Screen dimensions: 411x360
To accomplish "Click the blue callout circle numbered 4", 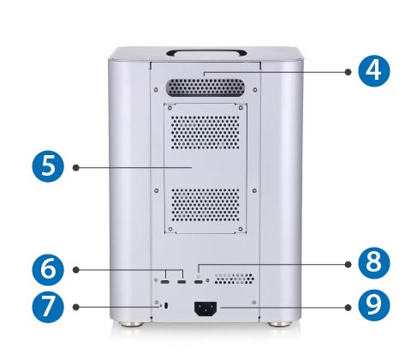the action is [x=374, y=70].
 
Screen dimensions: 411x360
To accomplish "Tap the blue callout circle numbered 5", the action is [x=48, y=166].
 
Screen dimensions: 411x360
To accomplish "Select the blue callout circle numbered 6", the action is [x=48, y=269].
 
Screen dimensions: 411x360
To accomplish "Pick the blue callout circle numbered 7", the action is [x=48, y=307].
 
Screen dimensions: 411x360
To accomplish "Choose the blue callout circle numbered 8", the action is [x=374, y=263].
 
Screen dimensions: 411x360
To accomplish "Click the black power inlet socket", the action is [x=205, y=309].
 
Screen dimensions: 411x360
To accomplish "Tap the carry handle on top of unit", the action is [x=206, y=53].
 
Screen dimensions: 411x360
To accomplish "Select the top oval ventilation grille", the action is [x=205, y=87].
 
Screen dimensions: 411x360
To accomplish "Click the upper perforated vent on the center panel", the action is [x=205, y=133].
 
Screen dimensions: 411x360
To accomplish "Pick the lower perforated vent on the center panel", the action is [x=205, y=205].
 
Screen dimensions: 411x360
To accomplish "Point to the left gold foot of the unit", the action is [x=131, y=324].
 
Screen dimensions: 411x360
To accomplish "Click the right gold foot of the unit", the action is [x=280, y=324].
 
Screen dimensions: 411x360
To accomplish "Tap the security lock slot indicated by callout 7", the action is [x=167, y=305].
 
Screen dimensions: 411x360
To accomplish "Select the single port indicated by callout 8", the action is [x=199, y=282].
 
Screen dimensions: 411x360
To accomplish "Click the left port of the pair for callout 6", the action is [x=165, y=282].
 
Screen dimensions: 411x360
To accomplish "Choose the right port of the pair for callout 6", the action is [x=182, y=282].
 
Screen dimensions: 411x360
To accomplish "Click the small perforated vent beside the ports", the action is [x=234, y=279].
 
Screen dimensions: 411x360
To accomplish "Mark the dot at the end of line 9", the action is [x=348, y=308].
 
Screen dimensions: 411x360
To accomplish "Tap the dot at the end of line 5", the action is [x=75, y=167].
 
